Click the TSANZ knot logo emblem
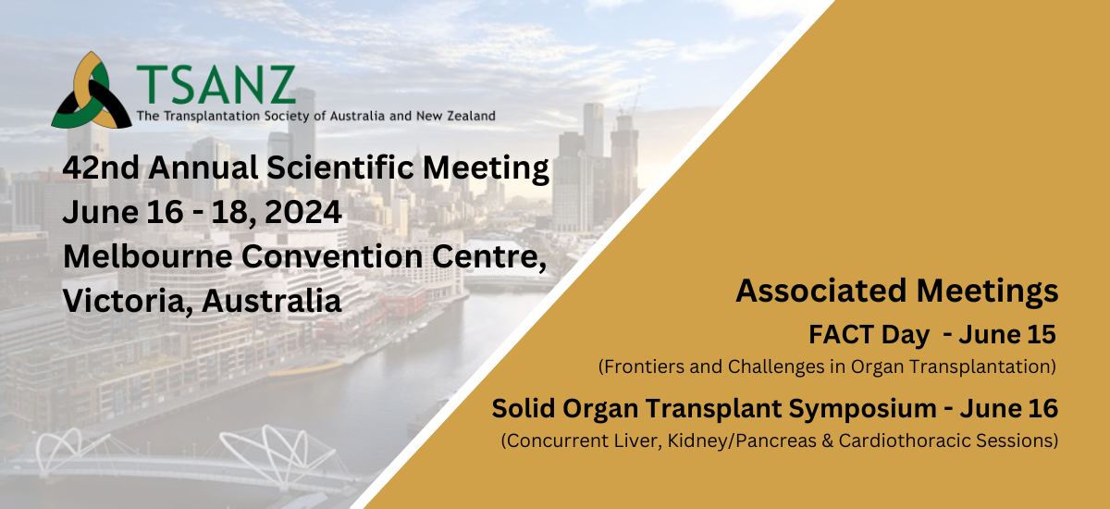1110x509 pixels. tap(92, 91)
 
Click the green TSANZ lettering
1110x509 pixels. tap(216, 85)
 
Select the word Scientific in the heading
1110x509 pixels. tap(340, 167)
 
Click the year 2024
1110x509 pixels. tap(302, 212)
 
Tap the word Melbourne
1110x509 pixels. tap(148, 256)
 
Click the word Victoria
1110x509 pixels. tap(128, 301)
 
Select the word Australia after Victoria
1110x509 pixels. tap(272, 301)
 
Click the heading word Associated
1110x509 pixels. tap(821, 291)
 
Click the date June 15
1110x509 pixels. tap(1007, 334)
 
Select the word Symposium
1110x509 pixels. tap(863, 409)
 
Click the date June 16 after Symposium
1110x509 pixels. tap(1009, 408)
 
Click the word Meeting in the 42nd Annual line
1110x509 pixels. tap(486, 168)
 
